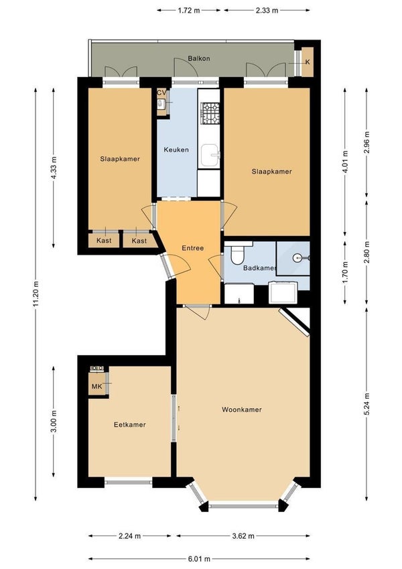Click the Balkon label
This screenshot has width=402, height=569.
199,58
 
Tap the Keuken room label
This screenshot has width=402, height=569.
176,149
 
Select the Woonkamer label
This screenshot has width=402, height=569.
242,409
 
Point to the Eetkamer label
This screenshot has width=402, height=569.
130,425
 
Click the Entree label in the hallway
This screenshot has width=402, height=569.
193,248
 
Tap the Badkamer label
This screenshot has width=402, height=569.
259,268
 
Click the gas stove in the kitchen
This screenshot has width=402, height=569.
210,113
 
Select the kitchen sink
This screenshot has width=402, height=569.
210,155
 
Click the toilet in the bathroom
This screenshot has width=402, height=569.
239,253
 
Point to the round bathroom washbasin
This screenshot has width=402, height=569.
298,258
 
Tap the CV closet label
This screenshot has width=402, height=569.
161,93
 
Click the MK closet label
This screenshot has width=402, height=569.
97,387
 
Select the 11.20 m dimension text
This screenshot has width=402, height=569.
36,294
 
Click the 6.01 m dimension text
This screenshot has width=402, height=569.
200,558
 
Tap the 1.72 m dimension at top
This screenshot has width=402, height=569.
189,11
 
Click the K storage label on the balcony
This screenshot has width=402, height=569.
308,62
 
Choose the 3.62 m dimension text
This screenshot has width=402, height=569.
243,536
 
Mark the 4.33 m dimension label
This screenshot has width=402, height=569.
54,168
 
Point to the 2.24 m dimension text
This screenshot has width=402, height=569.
129,536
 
